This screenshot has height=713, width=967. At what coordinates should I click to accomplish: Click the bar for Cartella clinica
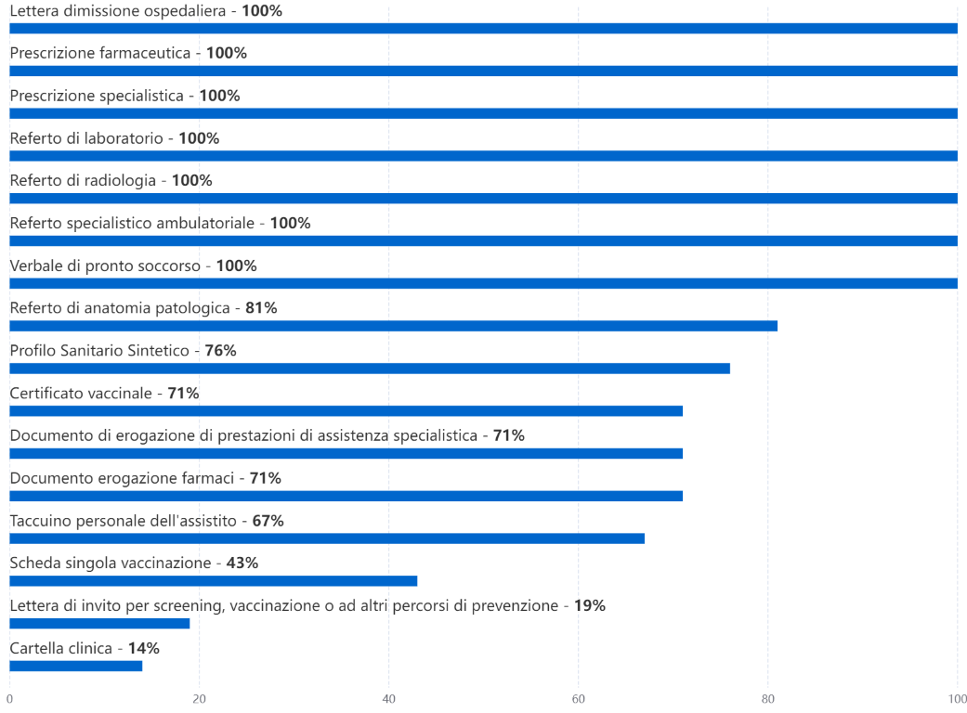76,666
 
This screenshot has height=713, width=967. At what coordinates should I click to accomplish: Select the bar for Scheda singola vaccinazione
214,581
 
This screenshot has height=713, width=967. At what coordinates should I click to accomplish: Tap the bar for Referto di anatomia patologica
393,326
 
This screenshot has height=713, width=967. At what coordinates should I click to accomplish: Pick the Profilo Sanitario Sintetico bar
370,369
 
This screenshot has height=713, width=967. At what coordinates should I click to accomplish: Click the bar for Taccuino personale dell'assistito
327,538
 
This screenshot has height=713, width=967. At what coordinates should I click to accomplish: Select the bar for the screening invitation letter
99,623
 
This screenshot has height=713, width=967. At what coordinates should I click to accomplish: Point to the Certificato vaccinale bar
346,411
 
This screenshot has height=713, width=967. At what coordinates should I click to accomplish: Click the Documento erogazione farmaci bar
346,496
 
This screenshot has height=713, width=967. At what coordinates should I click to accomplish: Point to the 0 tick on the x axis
9,698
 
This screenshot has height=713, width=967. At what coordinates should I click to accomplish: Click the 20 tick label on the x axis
199,698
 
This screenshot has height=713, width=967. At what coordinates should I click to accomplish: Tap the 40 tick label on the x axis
388,698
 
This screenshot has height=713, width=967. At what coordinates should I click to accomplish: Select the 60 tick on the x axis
578,698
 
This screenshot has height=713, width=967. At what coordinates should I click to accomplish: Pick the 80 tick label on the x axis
767,698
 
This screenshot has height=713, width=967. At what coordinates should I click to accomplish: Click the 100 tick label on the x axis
957,698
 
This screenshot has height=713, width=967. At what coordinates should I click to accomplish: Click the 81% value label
261,307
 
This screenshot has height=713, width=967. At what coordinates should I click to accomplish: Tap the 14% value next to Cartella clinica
143,648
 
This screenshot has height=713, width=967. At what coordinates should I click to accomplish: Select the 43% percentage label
242,563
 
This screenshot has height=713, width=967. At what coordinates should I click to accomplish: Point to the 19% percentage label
590,605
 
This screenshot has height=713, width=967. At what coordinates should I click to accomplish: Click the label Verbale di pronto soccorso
105,266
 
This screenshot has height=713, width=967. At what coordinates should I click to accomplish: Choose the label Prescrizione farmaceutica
100,53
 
